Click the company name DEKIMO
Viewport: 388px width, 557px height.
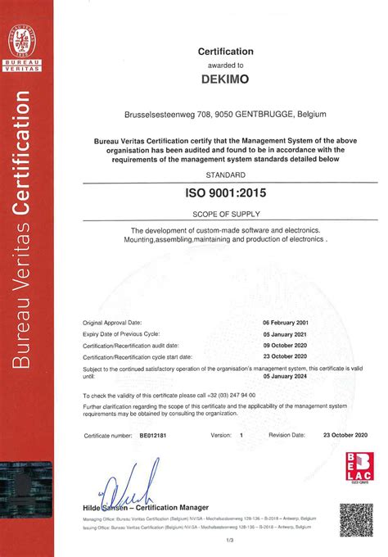coord(220,80)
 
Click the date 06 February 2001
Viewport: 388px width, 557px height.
coord(291,324)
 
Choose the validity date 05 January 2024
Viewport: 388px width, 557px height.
coord(293,377)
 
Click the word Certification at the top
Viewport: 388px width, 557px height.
coord(226,52)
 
